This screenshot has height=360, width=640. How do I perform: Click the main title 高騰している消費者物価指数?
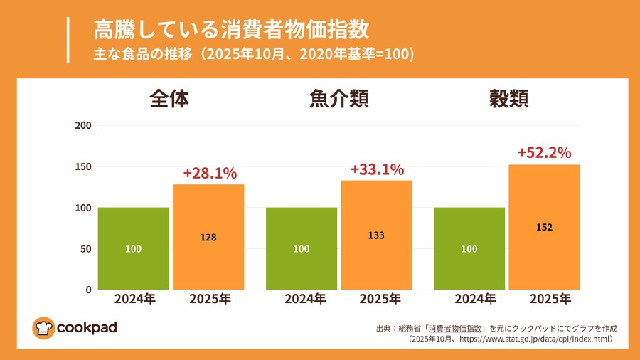(x=231, y=30)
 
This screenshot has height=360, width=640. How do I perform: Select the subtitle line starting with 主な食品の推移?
(x=253, y=54)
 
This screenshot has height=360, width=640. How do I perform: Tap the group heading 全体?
(x=169, y=99)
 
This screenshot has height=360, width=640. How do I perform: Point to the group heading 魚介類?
(x=338, y=99)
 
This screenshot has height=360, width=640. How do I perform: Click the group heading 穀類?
(x=508, y=99)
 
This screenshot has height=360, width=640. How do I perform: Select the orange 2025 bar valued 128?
(x=208, y=237)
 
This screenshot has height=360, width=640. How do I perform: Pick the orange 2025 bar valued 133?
(x=376, y=235)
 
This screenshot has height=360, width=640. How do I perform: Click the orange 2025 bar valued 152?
(x=544, y=227)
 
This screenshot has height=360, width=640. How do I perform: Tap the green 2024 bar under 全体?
(x=133, y=248)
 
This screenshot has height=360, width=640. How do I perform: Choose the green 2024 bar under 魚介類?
(x=301, y=248)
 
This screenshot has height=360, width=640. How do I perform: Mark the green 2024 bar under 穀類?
(x=469, y=248)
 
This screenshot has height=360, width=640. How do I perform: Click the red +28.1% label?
(x=210, y=173)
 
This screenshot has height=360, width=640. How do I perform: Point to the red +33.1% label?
(x=377, y=169)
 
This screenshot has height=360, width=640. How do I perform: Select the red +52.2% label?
(x=544, y=152)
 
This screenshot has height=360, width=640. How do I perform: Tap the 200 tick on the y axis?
(x=83, y=126)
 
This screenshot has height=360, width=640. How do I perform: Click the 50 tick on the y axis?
(x=86, y=249)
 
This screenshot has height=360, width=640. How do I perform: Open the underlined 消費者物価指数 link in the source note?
(x=456, y=329)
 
